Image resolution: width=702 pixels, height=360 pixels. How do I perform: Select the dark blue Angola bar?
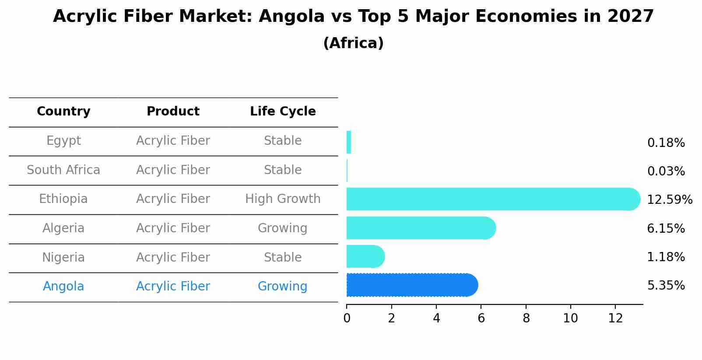coord(411,285)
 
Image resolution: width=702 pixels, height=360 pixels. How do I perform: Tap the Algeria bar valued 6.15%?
coord(420,228)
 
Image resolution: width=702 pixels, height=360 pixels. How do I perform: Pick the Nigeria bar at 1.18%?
coord(365,256)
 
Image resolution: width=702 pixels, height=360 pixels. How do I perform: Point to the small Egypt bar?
coord(349,142)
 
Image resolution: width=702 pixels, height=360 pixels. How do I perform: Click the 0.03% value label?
coord(666,171)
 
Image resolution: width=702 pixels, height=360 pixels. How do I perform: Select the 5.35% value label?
coord(666,286)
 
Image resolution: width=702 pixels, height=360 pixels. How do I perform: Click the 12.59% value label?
coord(669,200)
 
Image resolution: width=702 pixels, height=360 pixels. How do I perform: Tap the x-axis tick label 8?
coord(526,318)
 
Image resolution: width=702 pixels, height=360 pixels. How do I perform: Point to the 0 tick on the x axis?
coord(347,318)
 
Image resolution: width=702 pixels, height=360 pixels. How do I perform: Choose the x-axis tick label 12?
coord(615,318)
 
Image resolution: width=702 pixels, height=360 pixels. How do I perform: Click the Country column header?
coord(63,112)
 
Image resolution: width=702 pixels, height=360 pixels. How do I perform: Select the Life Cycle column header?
coord(283,112)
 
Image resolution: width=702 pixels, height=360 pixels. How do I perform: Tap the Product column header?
coord(173,112)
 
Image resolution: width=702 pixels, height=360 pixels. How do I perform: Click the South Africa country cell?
coord(63,170)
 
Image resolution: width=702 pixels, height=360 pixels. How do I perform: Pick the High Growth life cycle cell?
coord(283,199)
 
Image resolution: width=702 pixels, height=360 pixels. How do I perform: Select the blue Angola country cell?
coord(63,287)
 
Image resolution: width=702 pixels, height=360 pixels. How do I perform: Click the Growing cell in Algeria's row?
coord(283,228)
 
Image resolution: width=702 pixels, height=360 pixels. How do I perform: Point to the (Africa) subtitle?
coord(353,43)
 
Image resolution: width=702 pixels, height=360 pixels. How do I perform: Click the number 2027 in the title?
coord(630,17)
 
